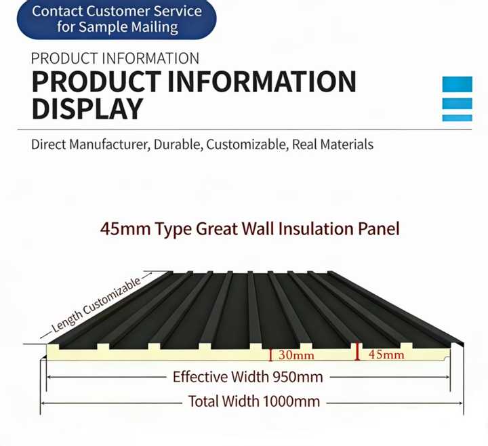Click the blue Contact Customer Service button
117,19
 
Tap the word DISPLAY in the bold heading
87,109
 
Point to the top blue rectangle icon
457,84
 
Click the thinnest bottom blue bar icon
457,118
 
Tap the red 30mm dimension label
296,355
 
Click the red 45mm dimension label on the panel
386,354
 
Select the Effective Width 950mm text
248,377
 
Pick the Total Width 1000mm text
254,401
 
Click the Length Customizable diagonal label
96,305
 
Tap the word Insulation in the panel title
316,228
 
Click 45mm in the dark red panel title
125,229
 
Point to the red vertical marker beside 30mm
270,355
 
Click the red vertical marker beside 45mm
358,352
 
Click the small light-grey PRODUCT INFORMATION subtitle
115,58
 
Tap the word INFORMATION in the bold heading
262,81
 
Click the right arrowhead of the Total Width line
461,403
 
